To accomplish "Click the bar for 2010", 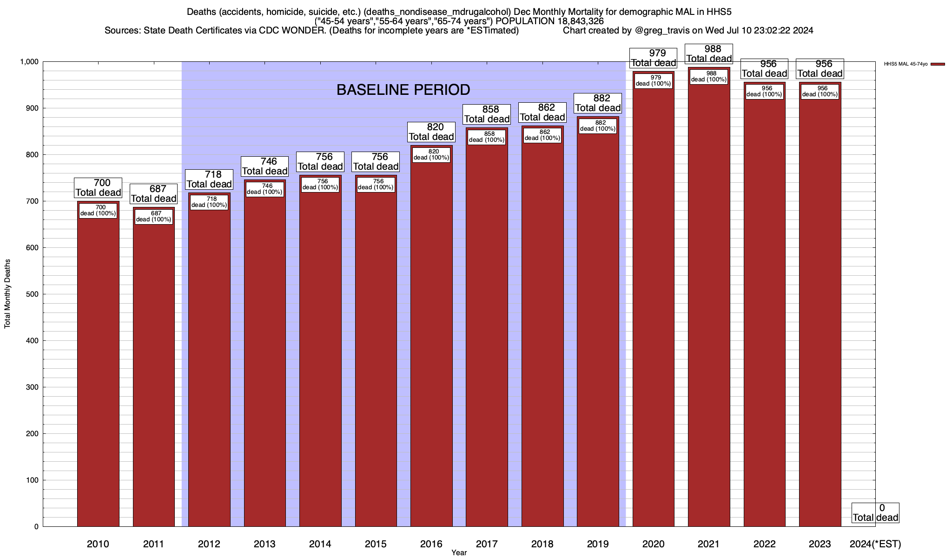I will (98, 372).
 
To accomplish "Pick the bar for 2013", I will (265, 363).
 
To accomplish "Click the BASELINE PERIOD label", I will (403, 90).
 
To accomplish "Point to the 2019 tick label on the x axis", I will (598, 544).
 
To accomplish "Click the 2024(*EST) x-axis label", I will (875, 544).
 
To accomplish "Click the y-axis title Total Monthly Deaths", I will (7, 293).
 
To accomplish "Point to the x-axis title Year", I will (459, 553).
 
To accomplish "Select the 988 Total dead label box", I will (709, 53).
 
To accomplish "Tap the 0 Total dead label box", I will (875, 513).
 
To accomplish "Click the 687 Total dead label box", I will (153, 194).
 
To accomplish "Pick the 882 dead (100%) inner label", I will (598, 126).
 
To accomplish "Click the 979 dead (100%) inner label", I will (653, 81).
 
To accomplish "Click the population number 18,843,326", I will (578, 21).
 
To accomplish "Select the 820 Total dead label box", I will (431, 132).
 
